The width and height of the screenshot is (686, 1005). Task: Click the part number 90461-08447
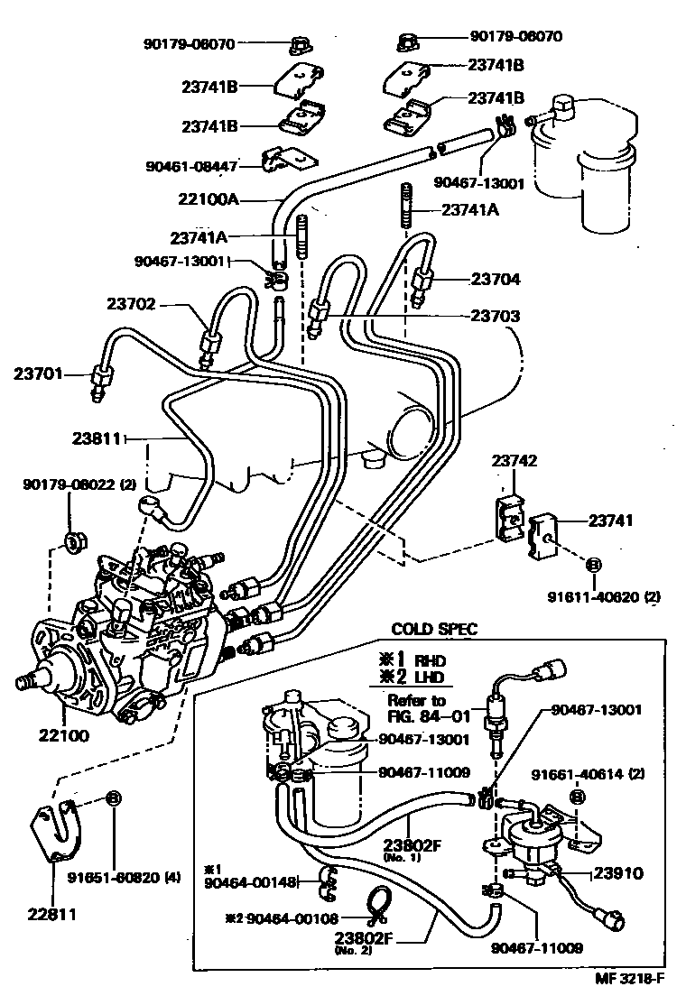(191, 166)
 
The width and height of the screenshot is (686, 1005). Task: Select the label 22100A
(209, 198)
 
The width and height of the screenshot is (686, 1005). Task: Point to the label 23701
(39, 372)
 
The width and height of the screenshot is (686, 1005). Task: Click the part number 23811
(97, 439)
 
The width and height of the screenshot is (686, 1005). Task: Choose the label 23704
(495, 280)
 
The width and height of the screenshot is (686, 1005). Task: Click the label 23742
(514, 461)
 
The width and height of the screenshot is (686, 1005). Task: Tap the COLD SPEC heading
(433, 629)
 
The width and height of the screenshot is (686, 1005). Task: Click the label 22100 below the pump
(63, 735)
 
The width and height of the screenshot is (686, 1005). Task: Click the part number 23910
(617, 873)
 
